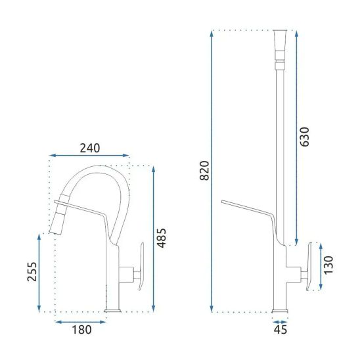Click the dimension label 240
[x=90, y=148]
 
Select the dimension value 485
[x=162, y=238]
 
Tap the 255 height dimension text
[x=32, y=271]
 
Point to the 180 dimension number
[x=81, y=330]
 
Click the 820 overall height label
[x=204, y=171]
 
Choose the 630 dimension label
[x=305, y=137]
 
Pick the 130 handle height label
[x=328, y=265]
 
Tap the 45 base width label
[x=281, y=330]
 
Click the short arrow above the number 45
[x=280, y=322]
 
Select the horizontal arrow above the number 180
[x=80, y=322]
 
